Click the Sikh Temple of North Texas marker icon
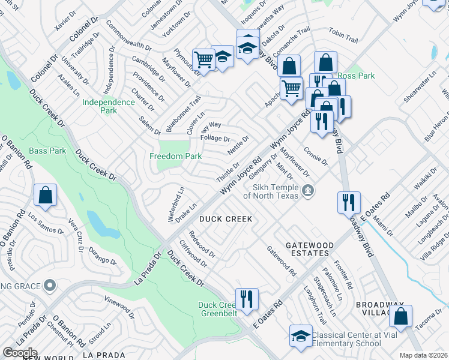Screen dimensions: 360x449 (309, 191)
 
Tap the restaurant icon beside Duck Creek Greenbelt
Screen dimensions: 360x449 (247, 299)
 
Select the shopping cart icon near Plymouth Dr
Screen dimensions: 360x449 (203, 59)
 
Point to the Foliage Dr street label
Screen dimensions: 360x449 (215, 139)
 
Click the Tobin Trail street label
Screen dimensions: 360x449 (343, 37)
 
